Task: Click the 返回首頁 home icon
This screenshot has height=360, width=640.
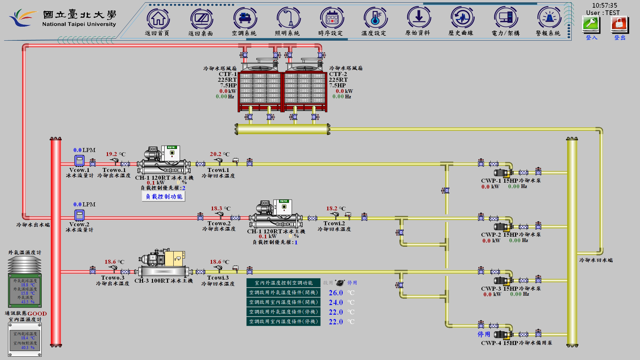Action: pyautogui.click(x=158, y=19)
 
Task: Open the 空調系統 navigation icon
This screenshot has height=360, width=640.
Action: pyautogui.click(x=245, y=19)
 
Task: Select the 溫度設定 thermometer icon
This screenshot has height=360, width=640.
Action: pyautogui.click(x=375, y=19)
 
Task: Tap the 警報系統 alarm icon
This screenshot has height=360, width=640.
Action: pyautogui.click(x=548, y=19)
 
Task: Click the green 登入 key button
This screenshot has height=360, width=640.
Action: pyautogui.click(x=591, y=24)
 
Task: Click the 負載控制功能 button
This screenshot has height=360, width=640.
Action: pyautogui.click(x=164, y=197)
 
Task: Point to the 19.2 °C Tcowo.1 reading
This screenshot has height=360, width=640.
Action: pyautogui.click(x=112, y=154)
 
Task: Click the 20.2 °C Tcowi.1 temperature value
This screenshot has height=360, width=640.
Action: pyautogui.click(x=216, y=154)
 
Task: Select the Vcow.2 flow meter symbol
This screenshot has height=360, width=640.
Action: pyautogui.click(x=79, y=215)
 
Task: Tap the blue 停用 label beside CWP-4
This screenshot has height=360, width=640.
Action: pyautogui.click(x=484, y=334)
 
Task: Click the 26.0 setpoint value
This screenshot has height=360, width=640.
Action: pyautogui.click(x=336, y=293)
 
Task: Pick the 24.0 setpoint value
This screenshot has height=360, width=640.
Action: pyautogui.click(x=336, y=302)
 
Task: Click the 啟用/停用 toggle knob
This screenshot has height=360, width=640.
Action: pyautogui.click(x=340, y=283)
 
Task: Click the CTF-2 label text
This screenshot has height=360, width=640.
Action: pyautogui.click(x=338, y=74)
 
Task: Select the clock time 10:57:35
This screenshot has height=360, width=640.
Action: pyautogui.click(x=605, y=5)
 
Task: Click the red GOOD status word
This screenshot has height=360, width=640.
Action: pyautogui.click(x=37, y=314)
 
